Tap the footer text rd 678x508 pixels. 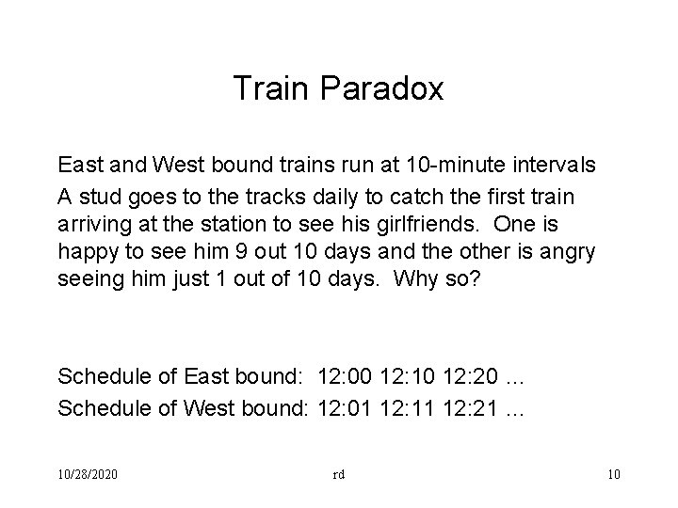(338, 474)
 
